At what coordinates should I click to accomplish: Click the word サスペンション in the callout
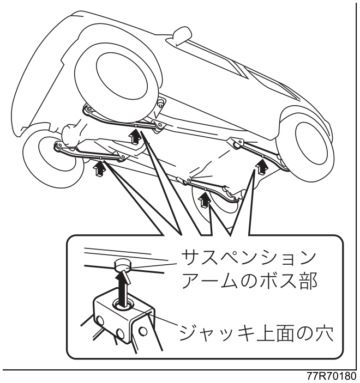[248, 258]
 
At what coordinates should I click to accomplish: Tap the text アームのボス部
[249, 281]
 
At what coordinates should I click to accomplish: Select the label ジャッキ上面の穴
[256, 333]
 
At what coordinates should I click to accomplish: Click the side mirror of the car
[182, 35]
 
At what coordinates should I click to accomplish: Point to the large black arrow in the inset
[122, 289]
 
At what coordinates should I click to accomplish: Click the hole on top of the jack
[123, 305]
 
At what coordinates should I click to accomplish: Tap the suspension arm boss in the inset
[123, 265]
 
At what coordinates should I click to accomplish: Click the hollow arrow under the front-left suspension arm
[100, 168]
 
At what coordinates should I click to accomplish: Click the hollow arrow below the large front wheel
[135, 137]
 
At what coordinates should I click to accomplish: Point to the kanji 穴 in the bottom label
[323, 333]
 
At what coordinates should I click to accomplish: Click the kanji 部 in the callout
[308, 281]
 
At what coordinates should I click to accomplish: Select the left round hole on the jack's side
[100, 320]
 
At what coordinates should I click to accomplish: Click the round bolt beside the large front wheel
[160, 102]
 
